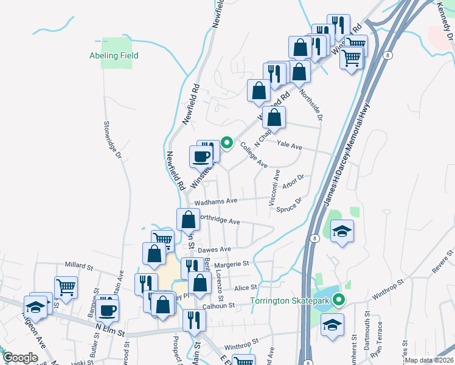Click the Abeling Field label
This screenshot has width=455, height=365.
114,55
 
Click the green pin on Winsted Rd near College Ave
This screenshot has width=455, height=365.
227,144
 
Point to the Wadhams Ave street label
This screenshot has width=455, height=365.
215,201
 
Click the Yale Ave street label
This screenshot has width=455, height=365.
289,146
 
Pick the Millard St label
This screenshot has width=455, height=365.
82,265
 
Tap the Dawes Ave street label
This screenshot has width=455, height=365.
215,249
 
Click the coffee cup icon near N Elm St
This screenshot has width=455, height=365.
108,310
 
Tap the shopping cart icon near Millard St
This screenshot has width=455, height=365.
66,285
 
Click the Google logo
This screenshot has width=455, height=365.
20,358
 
